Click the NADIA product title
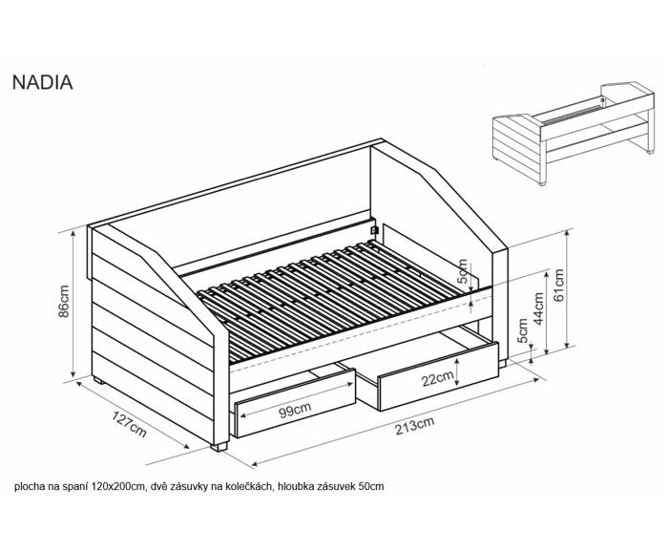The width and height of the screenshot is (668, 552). point(43,83)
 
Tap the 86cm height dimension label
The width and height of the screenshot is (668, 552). point(63,301)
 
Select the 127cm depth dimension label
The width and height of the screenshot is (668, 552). point(129,424)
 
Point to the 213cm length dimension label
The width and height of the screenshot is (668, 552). point(414,426)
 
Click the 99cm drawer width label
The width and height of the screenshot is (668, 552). point(295,410)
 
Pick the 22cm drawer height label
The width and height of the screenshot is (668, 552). point(437,378)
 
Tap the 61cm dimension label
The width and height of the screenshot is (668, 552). point(558,285)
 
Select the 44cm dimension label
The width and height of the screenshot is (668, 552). point(538,308)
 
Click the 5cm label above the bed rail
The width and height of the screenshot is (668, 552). point(462,272)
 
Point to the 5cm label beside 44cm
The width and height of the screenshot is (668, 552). point(522,330)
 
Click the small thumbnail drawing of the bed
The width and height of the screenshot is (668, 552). point(573,133)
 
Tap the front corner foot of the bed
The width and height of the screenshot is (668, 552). point(219,447)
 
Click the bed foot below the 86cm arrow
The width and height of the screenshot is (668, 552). point(99,381)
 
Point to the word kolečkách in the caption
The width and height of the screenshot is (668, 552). point(253,486)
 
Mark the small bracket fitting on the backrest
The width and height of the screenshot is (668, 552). point(374,230)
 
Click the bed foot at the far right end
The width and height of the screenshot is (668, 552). point(502,364)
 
